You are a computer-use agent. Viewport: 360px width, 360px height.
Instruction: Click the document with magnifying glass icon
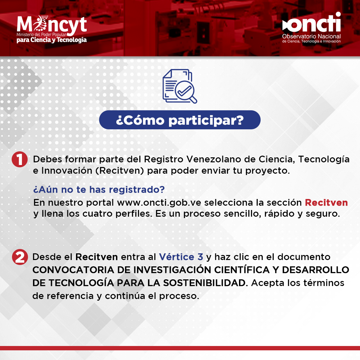pos(180,86)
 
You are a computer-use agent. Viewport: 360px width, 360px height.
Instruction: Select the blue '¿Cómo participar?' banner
pos(180,120)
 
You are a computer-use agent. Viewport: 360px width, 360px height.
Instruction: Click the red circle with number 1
pos(20,159)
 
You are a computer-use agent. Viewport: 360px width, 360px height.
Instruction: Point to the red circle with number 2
pos(20,257)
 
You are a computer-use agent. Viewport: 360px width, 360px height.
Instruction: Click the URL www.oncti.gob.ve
pos(159,203)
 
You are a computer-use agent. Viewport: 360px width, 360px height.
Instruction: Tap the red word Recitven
pos(326,203)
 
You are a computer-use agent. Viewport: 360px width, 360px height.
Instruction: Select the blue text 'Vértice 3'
pos(181,257)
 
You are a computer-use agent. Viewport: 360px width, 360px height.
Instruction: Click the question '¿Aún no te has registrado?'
pos(99,190)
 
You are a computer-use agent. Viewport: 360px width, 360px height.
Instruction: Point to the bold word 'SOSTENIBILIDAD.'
pos(206,283)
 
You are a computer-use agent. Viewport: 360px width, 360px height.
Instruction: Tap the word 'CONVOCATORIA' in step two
pos(73,270)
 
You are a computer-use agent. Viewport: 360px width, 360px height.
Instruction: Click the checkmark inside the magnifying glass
pos(184,91)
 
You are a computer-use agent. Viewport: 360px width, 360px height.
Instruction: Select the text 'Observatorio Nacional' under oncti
pos(311,36)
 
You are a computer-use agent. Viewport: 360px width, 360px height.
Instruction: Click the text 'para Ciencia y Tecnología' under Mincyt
pos(52,40)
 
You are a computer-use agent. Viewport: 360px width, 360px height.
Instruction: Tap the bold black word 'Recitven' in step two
pos(96,257)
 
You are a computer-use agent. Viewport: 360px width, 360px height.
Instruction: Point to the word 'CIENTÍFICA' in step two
pos(242,270)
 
